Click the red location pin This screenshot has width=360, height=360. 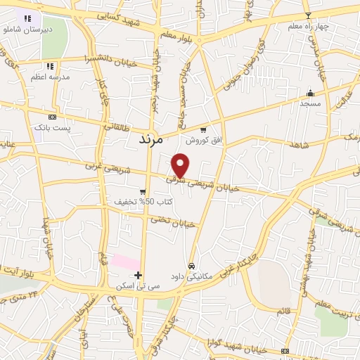click(x=181, y=165)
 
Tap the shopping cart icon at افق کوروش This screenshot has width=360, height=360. click(x=203, y=129)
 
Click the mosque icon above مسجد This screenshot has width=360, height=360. click(x=310, y=93)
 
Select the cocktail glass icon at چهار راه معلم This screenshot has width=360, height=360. click(x=307, y=15)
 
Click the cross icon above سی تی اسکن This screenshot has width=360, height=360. click(x=139, y=275)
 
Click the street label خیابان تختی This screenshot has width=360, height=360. click(x=175, y=222)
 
